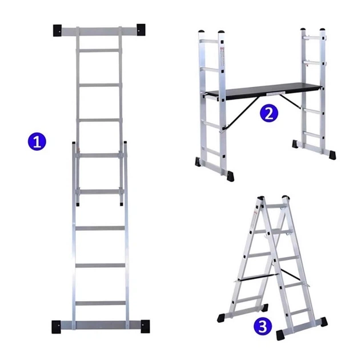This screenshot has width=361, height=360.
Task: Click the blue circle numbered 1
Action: [37, 141]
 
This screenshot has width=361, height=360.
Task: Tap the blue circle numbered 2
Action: [269, 114]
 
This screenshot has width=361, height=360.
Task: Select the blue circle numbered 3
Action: [263, 327]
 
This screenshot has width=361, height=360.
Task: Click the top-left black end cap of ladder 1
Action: [57, 30]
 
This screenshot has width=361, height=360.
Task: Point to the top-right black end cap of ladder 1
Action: [141, 30]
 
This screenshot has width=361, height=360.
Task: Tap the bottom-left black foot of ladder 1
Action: [56, 327]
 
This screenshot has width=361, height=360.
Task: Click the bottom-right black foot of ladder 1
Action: [145, 326]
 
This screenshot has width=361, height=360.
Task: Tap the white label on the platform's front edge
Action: [275, 93]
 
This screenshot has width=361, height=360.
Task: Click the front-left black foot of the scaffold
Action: [230, 176]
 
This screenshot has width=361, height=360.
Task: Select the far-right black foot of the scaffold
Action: [332, 155]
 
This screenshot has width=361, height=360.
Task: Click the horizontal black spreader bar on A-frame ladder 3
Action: [258, 277]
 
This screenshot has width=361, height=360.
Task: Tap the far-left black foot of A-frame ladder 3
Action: [221, 318]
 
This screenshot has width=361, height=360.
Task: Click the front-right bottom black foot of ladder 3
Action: [280, 335]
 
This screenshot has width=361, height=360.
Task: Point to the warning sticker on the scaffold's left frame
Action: [222, 55]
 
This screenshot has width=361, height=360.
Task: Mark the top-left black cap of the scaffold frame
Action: [202, 31]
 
